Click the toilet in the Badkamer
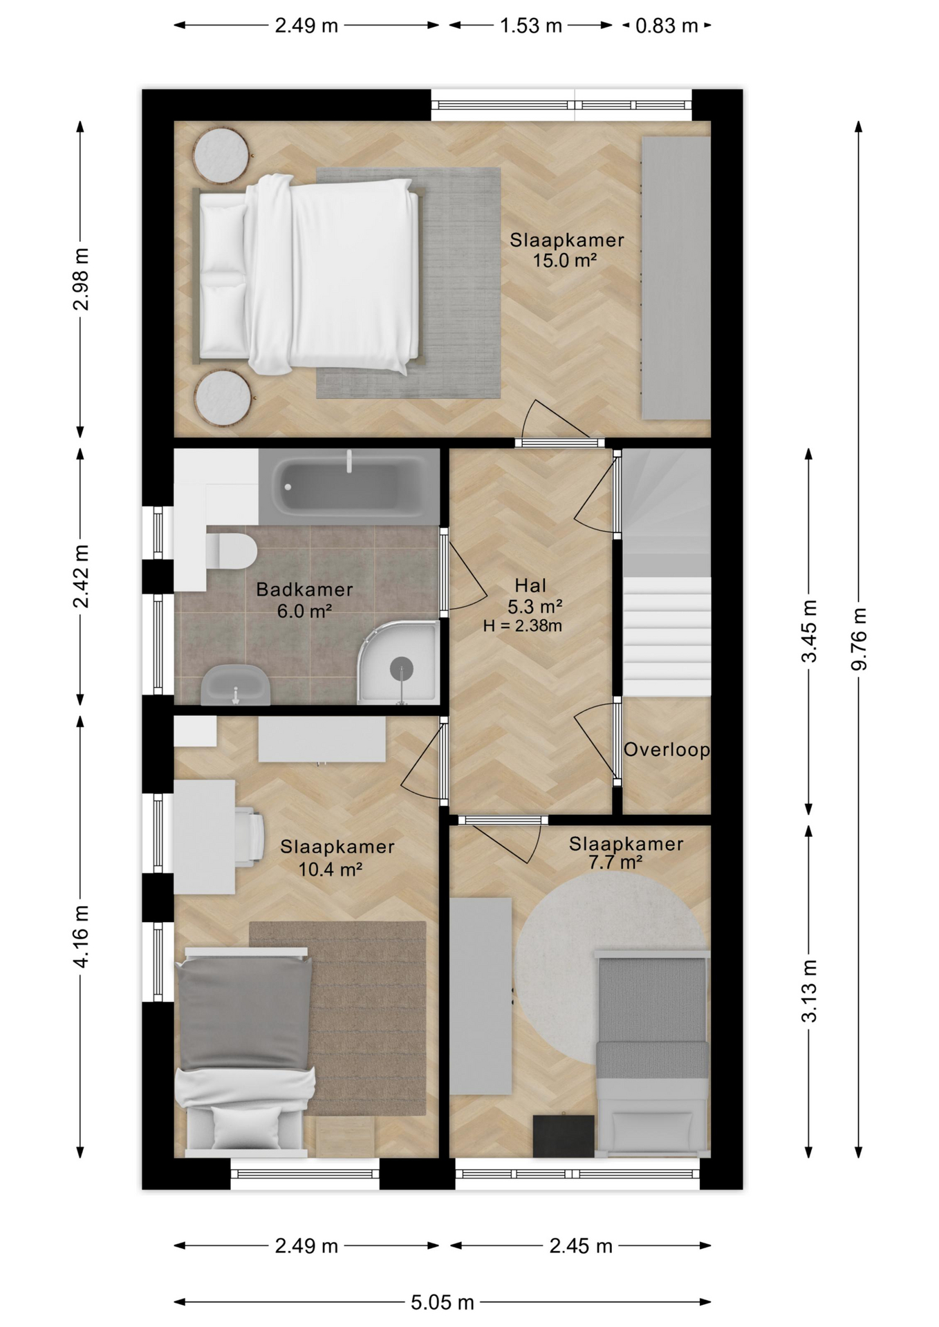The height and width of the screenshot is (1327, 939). [232, 551]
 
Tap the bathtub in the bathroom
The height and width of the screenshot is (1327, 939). [350, 487]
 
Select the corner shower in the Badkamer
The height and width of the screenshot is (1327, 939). [398, 662]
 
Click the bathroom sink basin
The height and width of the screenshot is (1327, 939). [235, 685]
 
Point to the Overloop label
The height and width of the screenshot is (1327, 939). [667, 750]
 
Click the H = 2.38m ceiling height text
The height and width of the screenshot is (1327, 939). [522, 626]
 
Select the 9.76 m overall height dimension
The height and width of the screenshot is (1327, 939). [859, 639]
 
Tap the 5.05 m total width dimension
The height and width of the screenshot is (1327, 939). [443, 1302]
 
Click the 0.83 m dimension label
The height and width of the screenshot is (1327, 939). [667, 26]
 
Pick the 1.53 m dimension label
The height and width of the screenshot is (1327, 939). [531, 26]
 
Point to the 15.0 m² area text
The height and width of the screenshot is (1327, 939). [564, 261]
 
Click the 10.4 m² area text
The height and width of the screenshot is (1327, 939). [331, 869]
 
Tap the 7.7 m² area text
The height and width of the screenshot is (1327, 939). [615, 863]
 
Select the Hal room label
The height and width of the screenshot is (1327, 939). [530, 585]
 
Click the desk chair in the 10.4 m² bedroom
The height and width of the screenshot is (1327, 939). [249, 836]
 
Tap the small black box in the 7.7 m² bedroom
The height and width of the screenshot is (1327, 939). [564, 1136]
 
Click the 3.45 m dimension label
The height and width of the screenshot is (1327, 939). [809, 631]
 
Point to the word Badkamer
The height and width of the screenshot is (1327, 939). [304, 590]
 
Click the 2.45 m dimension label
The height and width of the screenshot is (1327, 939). [581, 1245]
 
